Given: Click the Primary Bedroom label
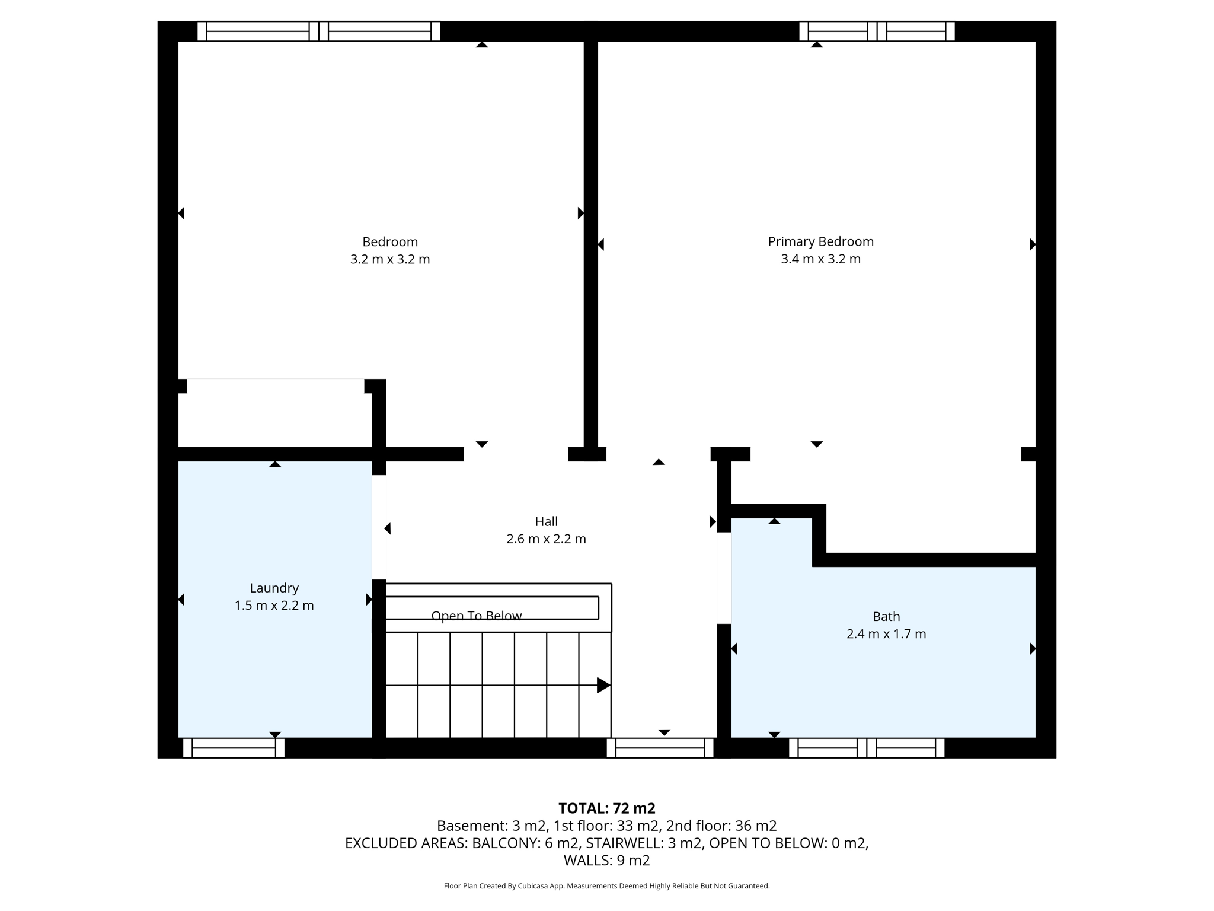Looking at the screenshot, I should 820,241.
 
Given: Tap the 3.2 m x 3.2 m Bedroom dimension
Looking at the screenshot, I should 390,259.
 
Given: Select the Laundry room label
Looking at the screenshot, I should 274,588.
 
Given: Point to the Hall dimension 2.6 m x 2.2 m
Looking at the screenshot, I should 546,539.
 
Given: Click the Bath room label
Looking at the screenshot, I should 886,616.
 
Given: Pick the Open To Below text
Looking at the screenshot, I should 476,616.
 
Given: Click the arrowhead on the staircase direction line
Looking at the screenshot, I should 603,685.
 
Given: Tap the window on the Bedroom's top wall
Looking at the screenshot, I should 318,31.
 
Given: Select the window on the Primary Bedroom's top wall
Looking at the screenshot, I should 877,31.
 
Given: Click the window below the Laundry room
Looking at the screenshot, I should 234,748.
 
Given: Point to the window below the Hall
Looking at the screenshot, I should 660,748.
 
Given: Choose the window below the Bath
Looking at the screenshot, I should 866,748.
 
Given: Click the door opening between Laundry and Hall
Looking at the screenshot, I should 379,527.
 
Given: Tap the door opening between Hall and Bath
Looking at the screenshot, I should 724,578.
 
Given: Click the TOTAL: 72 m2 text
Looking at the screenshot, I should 606,808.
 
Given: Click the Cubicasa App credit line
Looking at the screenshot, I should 606,886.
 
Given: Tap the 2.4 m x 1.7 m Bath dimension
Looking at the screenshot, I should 886,633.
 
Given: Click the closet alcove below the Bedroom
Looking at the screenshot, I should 275,413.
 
